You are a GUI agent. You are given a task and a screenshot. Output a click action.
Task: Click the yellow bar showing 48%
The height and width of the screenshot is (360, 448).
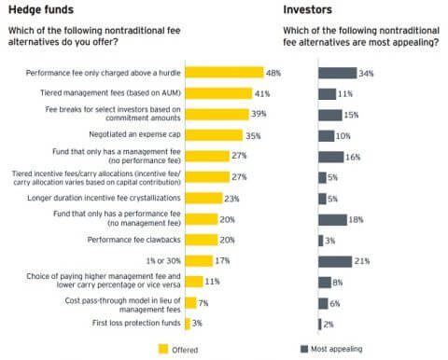(x=224, y=72)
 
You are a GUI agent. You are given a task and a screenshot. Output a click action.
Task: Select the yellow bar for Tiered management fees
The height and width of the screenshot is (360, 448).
(x=218, y=92)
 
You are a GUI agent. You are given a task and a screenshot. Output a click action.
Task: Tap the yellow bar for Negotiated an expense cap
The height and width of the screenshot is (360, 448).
(x=212, y=134)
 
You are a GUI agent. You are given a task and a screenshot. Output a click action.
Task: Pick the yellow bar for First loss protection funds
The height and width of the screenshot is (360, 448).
(x=188, y=324)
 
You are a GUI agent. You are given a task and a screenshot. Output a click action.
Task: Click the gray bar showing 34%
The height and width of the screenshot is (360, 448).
(x=337, y=72)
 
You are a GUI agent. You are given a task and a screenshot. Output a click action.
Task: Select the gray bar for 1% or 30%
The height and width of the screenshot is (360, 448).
(x=334, y=260)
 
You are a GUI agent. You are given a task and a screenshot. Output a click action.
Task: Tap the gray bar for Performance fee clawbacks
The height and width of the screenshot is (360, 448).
(x=320, y=240)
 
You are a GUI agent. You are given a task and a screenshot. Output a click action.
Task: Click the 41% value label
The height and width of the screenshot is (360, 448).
(x=264, y=92)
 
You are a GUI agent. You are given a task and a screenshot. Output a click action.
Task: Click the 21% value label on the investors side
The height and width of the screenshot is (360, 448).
(x=364, y=260)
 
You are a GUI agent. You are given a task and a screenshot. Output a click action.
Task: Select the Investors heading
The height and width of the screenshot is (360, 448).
(x=309, y=12)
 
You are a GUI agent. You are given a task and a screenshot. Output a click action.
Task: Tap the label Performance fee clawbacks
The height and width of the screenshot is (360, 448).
(x=133, y=240)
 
